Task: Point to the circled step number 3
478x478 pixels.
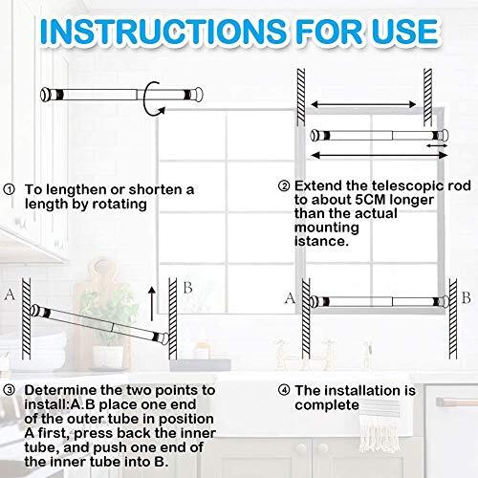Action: [10, 391]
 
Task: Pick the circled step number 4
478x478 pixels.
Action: [283, 391]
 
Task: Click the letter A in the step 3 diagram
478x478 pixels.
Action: [11, 294]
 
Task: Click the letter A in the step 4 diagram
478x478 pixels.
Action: [289, 298]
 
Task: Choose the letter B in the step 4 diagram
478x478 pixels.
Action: [466, 298]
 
